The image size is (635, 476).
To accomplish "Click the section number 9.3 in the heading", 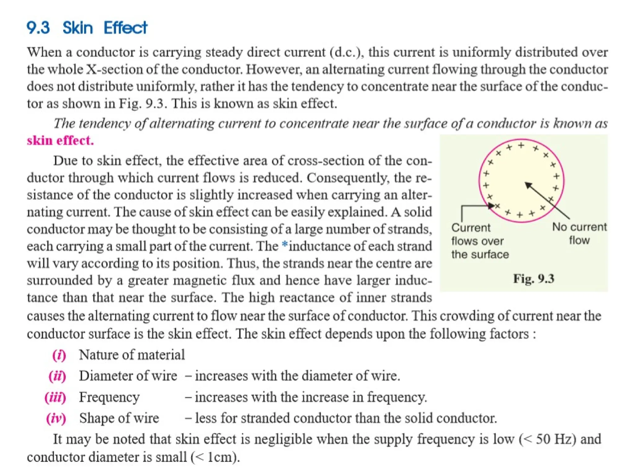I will point(38,28).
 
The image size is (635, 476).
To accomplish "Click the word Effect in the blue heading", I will point(125,28).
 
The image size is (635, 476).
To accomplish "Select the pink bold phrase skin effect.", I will point(60,140).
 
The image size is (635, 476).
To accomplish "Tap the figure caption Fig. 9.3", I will point(533,279).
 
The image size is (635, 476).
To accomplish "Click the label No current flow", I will point(579,233).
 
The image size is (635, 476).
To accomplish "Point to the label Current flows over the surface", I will point(480,241).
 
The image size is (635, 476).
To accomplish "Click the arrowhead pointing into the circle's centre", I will point(528,185).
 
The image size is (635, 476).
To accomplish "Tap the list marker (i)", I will point(59,355).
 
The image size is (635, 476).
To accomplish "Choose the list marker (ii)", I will point(57,376).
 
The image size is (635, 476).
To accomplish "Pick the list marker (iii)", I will point(56,397).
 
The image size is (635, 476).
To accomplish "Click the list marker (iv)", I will point(56,418).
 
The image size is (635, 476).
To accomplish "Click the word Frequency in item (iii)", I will point(109,397).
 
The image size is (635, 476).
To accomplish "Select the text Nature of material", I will point(132,355).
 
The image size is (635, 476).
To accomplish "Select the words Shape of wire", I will point(119,418).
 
